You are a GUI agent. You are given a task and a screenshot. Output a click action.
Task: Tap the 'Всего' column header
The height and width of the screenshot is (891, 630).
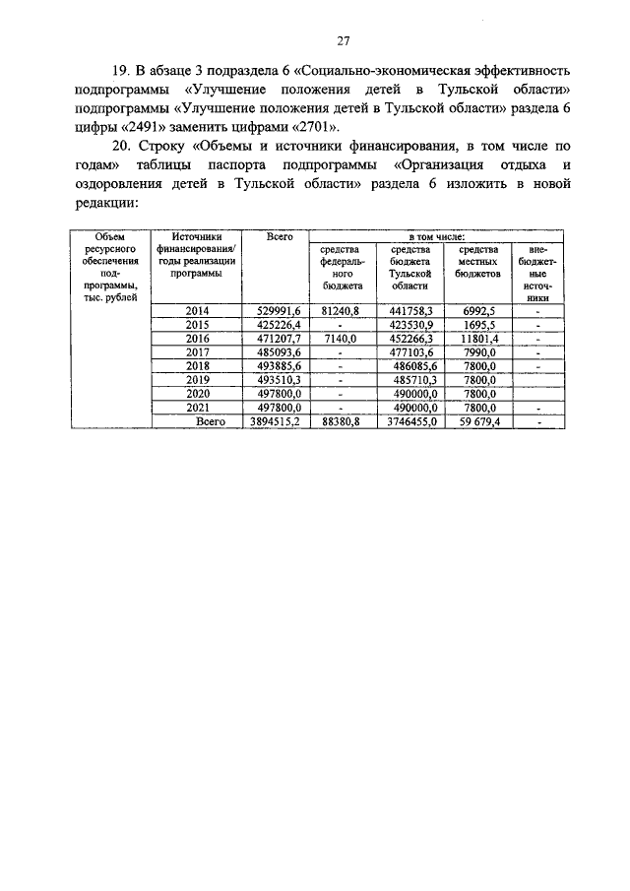coord(282,237)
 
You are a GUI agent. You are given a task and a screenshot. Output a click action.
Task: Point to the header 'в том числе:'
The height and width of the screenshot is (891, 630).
coord(438,237)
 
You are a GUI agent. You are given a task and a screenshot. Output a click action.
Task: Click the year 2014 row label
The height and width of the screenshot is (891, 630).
coord(198,310)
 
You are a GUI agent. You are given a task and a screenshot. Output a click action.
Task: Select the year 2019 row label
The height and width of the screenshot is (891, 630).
coord(198,379)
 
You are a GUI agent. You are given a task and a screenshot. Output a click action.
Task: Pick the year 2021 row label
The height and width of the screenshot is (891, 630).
coord(198,407)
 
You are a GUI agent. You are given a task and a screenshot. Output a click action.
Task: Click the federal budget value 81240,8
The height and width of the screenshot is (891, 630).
coord(342,310)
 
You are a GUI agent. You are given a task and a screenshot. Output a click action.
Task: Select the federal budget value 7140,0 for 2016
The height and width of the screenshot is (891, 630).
coord(342,338)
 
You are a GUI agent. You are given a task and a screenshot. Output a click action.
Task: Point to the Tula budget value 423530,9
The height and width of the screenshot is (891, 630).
coord(409,324)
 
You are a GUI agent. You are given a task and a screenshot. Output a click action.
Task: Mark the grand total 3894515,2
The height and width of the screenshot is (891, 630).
coord(275,420)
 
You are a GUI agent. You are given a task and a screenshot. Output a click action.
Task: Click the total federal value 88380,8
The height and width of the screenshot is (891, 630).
coord(342,420)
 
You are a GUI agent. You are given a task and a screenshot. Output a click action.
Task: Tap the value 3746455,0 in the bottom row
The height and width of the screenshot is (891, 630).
coord(408,420)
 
